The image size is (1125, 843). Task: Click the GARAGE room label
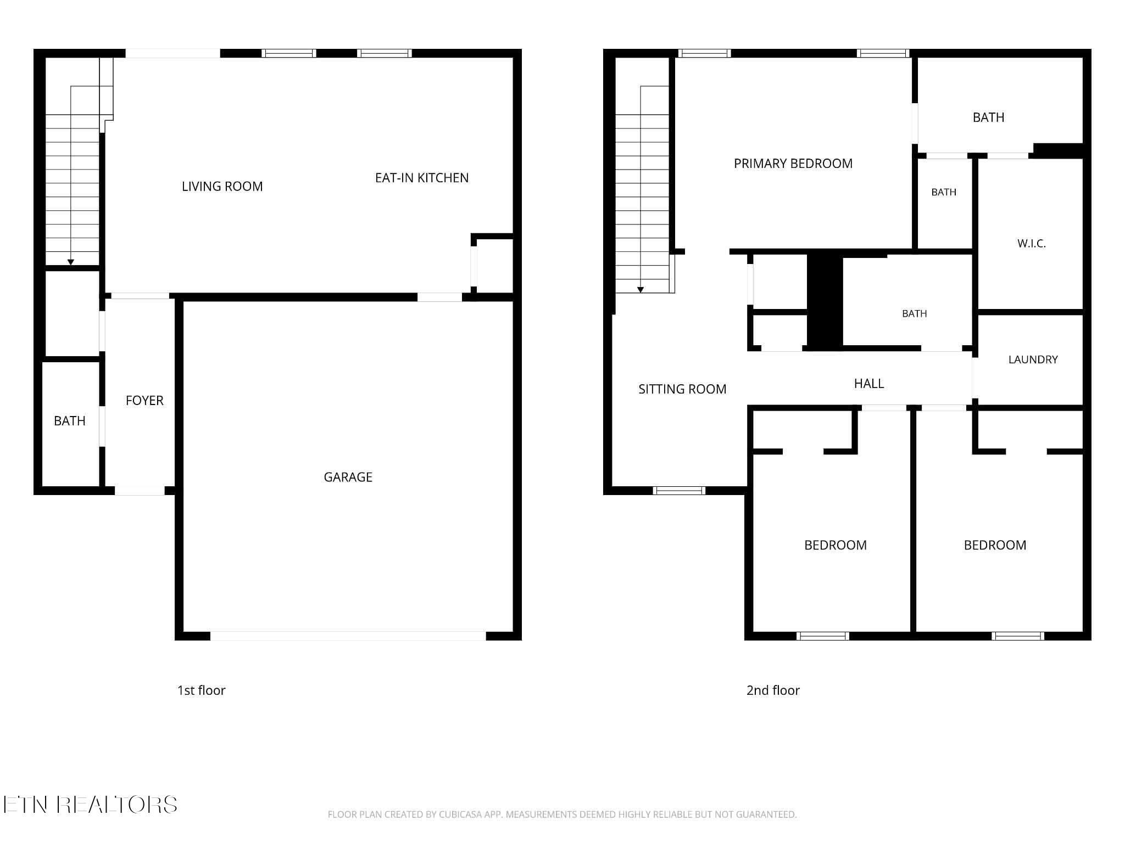tap(348, 477)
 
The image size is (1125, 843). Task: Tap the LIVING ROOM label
tap(222, 187)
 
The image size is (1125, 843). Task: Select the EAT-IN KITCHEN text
tap(422, 178)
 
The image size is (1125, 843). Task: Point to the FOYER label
tap(144, 401)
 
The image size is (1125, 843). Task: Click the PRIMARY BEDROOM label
tap(793, 164)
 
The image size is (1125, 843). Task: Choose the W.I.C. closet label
tap(1032, 244)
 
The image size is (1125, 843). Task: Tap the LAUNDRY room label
tap(1033, 359)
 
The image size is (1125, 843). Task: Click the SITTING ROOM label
tap(682, 389)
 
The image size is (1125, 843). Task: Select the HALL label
tap(869, 384)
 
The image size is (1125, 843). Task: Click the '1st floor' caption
tap(201, 690)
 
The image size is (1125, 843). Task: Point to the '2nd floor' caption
tap(773, 690)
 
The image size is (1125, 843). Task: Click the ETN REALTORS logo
tap(90, 805)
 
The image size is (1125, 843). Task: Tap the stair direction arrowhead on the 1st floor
tap(70, 262)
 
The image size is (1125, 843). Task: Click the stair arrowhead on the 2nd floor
tap(640, 290)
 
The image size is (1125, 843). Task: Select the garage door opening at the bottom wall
tap(348, 636)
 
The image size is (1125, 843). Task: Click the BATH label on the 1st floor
tap(70, 421)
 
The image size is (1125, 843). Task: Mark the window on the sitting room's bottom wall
tap(679, 491)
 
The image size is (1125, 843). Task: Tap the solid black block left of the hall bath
tap(825, 301)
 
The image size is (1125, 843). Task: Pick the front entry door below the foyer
tap(140, 491)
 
